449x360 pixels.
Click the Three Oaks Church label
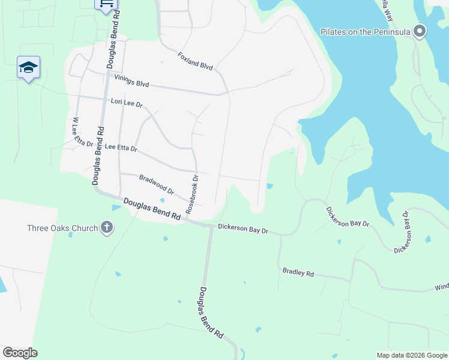pyautogui.click(x=62, y=228)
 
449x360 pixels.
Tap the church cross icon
pyautogui.click(x=107, y=228)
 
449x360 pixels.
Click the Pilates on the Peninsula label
pyautogui.click(x=365, y=32)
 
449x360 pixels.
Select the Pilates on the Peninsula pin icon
pyautogui.click(x=420, y=31)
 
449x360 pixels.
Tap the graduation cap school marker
pyautogui.click(x=28, y=67)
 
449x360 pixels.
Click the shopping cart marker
pyautogui.click(x=106, y=4)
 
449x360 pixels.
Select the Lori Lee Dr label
pyautogui.click(x=127, y=103)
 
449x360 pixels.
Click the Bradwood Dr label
pyautogui.click(x=156, y=184)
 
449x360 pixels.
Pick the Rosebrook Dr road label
pyautogui.click(x=191, y=195)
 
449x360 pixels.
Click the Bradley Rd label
pyautogui.click(x=298, y=273)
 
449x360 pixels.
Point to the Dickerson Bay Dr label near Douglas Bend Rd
pyautogui.click(x=243, y=228)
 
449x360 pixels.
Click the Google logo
pyautogui.click(x=20, y=353)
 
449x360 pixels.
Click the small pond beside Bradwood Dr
pyautogui.click(x=162, y=200)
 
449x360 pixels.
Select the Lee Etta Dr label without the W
pyautogui.click(x=121, y=147)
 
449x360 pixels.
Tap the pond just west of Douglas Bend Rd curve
pyautogui.click(x=116, y=208)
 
